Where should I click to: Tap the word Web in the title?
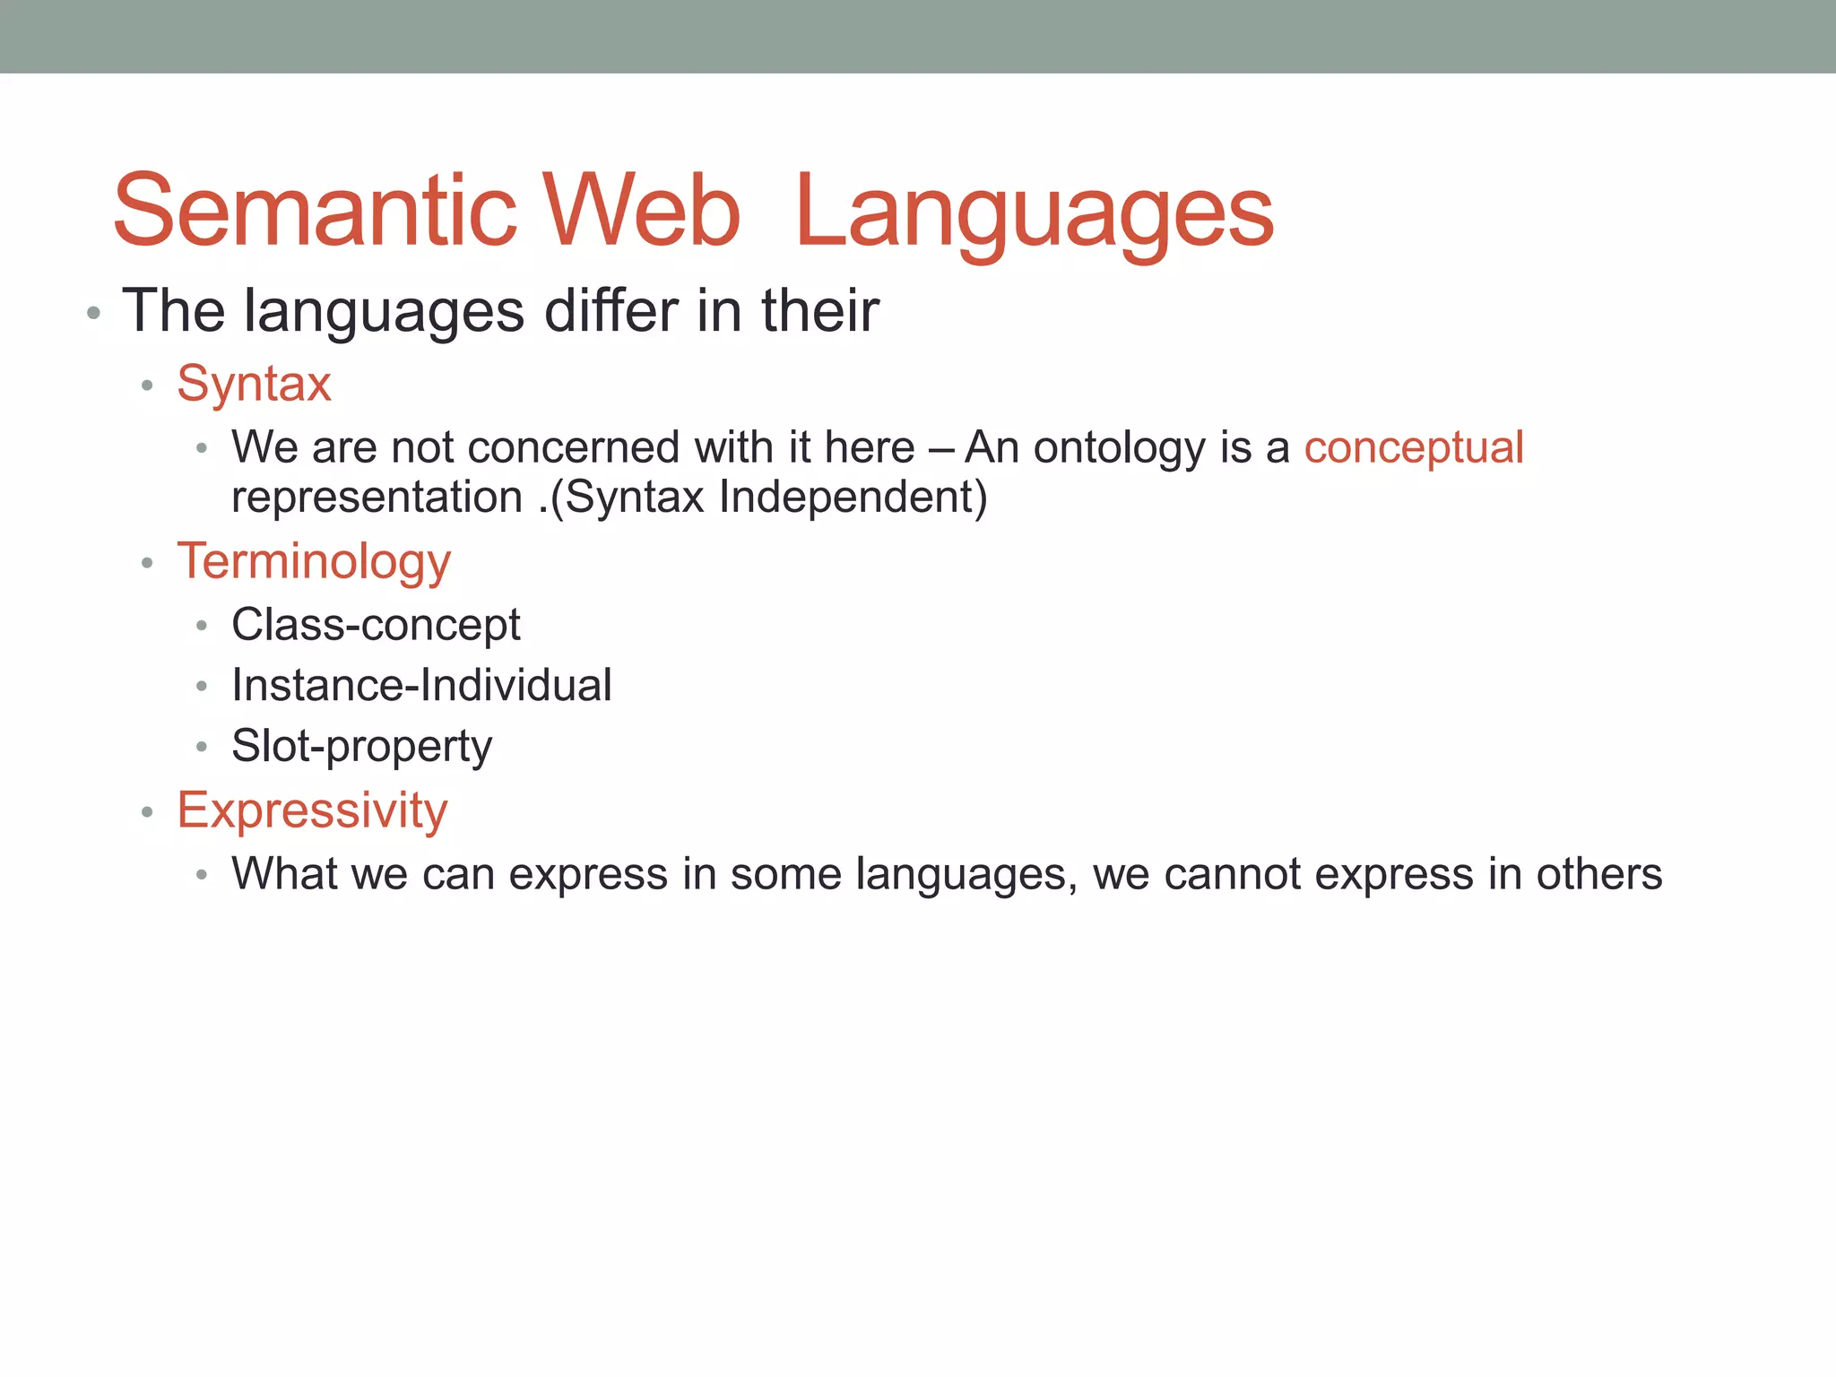tap(642, 212)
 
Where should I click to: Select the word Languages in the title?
tap(1034, 215)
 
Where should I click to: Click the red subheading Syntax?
tap(254, 384)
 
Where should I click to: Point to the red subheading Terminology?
tap(314, 562)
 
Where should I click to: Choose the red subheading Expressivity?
tap(312, 810)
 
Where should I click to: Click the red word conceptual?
tap(1413, 447)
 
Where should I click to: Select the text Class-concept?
tap(376, 625)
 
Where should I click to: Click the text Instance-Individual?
tap(421, 686)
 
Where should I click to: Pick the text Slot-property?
tap(361, 747)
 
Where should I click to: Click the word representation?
tap(377, 498)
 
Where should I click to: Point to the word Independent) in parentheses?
tap(853, 498)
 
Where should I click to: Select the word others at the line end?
tap(1599, 874)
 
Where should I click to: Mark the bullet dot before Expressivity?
tap(148, 813)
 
